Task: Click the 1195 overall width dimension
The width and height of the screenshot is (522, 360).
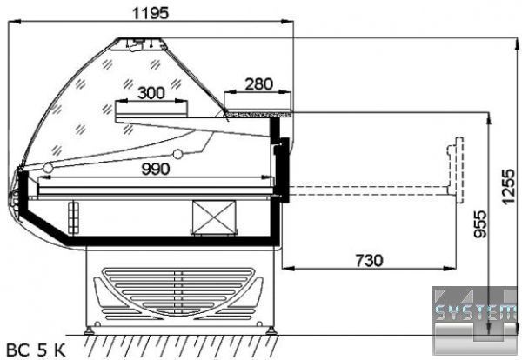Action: (151, 13)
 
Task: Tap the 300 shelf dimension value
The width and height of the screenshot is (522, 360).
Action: (151, 93)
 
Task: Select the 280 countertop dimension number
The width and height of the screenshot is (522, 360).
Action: (258, 84)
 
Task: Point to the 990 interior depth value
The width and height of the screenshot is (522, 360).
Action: (156, 169)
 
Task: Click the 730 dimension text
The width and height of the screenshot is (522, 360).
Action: (369, 261)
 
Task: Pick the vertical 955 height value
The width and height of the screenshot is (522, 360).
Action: (480, 224)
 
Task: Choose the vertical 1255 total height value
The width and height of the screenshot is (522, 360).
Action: (508, 187)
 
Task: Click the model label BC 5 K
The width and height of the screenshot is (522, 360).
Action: (36, 350)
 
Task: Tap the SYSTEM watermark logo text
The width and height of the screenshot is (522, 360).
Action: (476, 312)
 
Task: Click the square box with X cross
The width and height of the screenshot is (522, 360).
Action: (214, 217)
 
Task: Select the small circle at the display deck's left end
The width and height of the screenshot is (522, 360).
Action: (48, 168)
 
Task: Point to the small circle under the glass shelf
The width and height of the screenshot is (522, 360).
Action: (178, 154)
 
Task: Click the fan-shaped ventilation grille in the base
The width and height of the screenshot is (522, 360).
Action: (178, 292)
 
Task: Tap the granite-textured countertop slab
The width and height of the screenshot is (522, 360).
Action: (258, 115)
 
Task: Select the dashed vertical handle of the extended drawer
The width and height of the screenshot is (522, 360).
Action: (456, 170)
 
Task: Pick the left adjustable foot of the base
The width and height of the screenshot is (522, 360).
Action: (89, 330)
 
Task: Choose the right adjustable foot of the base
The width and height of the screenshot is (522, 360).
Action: (271, 330)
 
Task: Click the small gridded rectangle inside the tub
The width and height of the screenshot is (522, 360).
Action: (74, 217)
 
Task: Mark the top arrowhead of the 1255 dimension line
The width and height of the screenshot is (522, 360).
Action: (517, 44)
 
